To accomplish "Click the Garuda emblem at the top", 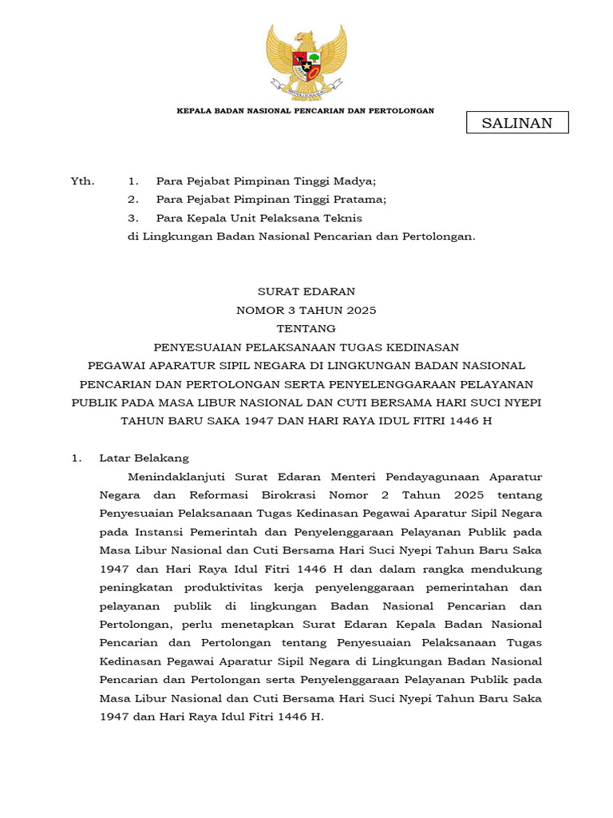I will tap(306, 62).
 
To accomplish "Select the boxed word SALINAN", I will tap(516, 122).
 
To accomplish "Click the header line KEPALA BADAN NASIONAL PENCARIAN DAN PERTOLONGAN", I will tap(305, 110).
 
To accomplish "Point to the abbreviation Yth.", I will tap(82, 181).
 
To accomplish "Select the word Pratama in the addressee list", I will tap(362, 200).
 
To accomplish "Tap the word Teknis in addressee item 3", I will tap(345, 218).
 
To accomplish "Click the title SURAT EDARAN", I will tap(306, 292).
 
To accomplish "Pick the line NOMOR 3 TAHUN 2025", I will tap(306, 310).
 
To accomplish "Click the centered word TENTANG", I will tap(306, 328).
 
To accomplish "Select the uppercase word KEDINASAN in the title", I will tap(425, 347).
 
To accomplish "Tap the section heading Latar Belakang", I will tap(144, 458).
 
